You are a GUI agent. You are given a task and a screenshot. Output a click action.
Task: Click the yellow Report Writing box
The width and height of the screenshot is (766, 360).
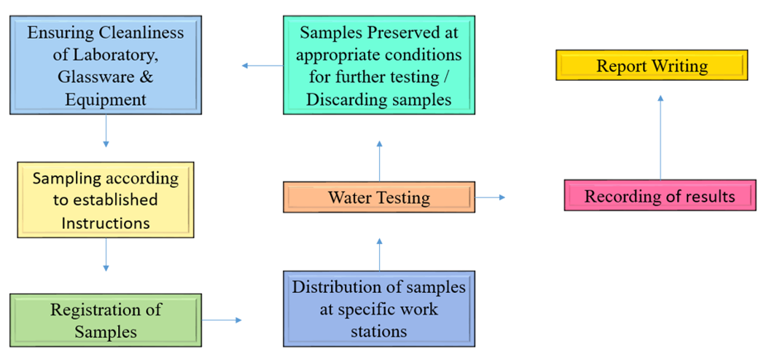click(652, 66)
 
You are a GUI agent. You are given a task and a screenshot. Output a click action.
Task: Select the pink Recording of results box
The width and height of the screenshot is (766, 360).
click(660, 196)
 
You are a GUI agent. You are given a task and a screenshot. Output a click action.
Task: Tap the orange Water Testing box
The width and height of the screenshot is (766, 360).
click(379, 197)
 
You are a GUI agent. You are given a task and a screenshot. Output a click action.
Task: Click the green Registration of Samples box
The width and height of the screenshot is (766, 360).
click(106, 320)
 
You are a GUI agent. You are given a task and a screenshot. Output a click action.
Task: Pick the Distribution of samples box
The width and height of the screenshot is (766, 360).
click(379, 309)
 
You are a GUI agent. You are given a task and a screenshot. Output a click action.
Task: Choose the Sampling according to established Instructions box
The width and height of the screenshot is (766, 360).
click(106, 200)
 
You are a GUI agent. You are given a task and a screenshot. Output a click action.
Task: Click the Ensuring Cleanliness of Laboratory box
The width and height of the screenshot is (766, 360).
click(106, 66)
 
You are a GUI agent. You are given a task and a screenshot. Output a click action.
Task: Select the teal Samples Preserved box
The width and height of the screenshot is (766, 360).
click(379, 66)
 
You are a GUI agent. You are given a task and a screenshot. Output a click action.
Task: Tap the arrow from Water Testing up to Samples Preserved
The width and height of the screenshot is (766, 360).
click(379, 161)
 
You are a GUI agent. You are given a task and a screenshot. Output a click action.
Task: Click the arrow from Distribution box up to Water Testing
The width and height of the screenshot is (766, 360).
click(379, 253)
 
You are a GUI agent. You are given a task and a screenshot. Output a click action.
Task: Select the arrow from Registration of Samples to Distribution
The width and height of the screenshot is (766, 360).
click(222, 319)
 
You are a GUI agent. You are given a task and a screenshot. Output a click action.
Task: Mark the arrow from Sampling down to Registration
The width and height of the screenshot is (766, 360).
click(106, 254)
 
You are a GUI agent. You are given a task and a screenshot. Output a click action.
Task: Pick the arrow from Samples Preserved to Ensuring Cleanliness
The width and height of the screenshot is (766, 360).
click(262, 66)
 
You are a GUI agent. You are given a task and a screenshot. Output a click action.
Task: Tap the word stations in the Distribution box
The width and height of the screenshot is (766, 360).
click(379, 331)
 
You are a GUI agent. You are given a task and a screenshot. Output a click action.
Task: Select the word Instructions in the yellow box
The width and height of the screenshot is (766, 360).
click(106, 222)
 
